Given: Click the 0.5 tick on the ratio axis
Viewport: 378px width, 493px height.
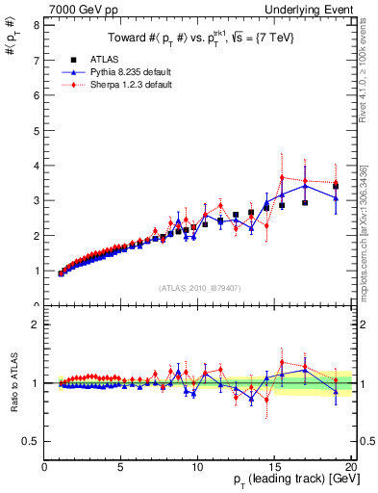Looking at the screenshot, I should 31,441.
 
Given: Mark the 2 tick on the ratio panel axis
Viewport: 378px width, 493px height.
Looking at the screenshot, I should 36,324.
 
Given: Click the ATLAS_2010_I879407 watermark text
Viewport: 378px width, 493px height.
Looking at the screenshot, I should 199,289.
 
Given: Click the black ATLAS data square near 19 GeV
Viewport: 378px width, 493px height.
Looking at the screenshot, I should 335,186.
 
